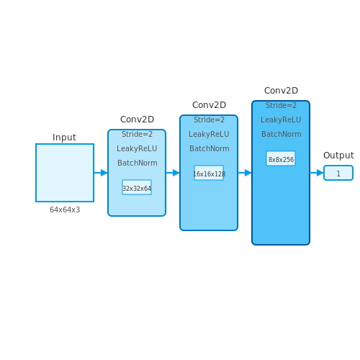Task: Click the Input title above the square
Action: (x=64, y=138)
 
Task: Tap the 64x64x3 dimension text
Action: (x=65, y=210)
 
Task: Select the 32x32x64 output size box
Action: (x=137, y=187)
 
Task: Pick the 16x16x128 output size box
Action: (x=209, y=173)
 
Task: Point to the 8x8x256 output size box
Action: (x=281, y=158)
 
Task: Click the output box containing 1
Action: (x=338, y=173)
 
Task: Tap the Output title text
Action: (x=338, y=156)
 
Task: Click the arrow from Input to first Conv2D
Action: (x=101, y=173)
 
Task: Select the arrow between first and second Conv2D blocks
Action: (x=173, y=173)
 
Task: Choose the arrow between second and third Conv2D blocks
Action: (x=245, y=173)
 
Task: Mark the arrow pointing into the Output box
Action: (x=317, y=173)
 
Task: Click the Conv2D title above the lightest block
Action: (x=137, y=120)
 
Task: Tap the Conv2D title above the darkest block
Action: (x=281, y=91)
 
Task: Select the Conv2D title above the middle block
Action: (x=209, y=105)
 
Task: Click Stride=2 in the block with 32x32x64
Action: (x=137, y=134)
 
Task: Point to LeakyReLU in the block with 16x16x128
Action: (x=209, y=134)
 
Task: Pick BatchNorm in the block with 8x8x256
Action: (x=282, y=134)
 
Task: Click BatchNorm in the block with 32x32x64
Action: (x=138, y=163)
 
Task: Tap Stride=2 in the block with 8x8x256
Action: (x=281, y=105)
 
